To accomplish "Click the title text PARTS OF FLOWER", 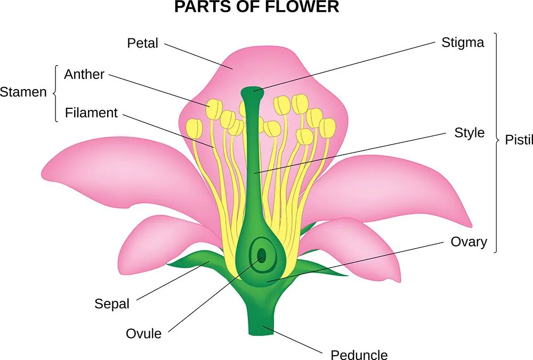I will (x=256, y=7).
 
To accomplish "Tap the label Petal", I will (x=142, y=43).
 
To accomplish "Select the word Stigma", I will (x=463, y=43).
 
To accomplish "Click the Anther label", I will (x=84, y=75).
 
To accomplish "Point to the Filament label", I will (x=91, y=113).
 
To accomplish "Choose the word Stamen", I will (x=23, y=92).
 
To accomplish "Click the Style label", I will (x=470, y=132).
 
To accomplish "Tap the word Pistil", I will (x=519, y=140).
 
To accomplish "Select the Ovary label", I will (x=469, y=242).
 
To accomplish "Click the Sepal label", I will (x=112, y=304).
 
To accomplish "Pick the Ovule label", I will (x=143, y=334).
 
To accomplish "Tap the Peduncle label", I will (x=359, y=355).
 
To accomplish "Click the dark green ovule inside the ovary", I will (x=262, y=257).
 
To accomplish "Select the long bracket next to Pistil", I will (x=496, y=141).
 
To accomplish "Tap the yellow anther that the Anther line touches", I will (x=214, y=109).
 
